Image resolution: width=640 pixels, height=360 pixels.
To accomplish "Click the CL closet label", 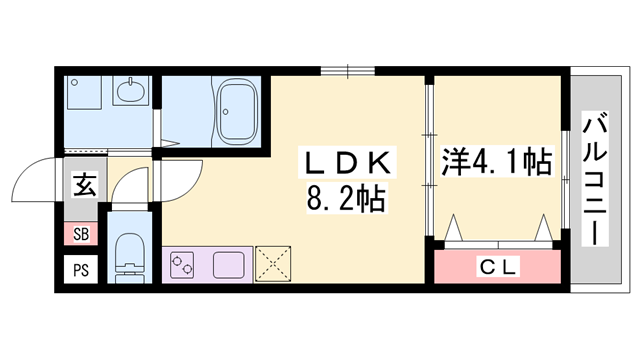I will point(495,267).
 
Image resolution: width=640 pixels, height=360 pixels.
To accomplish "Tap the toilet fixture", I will point(128,255).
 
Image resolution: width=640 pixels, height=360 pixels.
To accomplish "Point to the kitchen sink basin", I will point(230,266).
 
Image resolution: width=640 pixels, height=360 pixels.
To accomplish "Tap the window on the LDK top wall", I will point(349,70).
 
